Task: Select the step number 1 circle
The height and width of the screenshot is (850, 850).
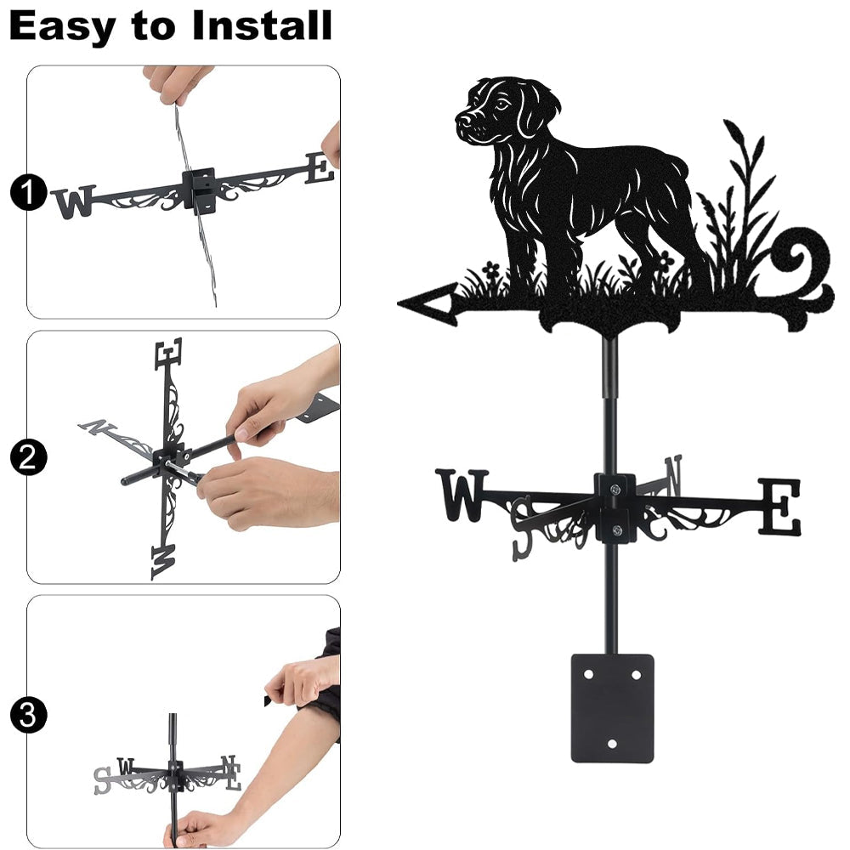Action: pos(28,192)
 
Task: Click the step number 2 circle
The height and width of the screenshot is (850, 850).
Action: pos(28,457)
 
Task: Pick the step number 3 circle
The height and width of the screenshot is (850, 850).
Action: pos(28,715)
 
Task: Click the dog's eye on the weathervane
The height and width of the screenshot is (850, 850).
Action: pos(503,104)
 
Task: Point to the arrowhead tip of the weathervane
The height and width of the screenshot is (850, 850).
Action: pos(399,303)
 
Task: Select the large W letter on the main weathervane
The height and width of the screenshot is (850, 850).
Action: pos(462,495)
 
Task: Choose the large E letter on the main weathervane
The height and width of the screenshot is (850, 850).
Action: pos(779,507)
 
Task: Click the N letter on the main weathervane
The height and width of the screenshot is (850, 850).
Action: pos(672,475)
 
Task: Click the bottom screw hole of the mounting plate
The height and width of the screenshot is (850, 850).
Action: pos(612,744)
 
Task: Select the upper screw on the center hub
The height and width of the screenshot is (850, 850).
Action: pos(615,490)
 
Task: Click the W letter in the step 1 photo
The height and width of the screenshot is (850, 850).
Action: pos(75,202)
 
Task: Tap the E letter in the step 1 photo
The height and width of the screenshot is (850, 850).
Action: pos(319,168)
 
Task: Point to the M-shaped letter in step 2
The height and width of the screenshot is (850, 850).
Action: pos(164,562)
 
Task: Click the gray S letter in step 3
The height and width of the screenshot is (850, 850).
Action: pos(102,780)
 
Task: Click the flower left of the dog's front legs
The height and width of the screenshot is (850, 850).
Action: pos(490,269)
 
